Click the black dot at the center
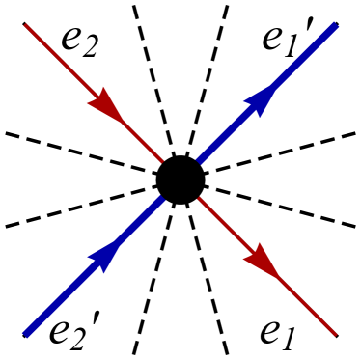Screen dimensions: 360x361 click(180, 179)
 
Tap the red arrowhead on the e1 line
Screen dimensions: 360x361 click(263, 261)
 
